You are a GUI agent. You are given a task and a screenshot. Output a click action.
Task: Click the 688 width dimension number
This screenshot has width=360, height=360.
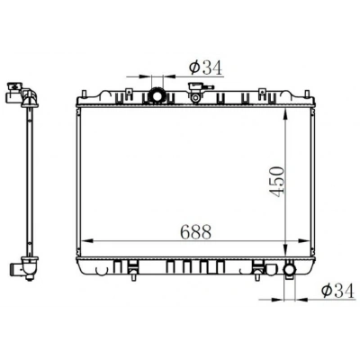click(x=195, y=232)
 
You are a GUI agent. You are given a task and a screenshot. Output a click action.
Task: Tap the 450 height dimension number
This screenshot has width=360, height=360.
click(x=276, y=182)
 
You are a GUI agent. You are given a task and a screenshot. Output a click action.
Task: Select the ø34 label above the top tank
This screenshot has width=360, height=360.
click(x=206, y=67)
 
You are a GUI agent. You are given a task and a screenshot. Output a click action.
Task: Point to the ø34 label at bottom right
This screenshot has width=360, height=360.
click(x=337, y=291)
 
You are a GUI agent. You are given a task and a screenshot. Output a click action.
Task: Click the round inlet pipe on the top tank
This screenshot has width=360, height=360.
click(x=157, y=95)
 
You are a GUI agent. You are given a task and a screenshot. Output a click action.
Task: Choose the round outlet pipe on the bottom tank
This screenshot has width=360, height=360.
click(x=290, y=269)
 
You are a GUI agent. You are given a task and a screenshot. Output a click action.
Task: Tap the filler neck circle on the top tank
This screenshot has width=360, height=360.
click(x=195, y=97)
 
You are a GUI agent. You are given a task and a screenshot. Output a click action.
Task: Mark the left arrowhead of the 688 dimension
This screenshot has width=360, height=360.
click(x=87, y=240)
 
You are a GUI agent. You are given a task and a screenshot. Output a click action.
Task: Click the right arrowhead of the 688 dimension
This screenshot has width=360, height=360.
click(x=303, y=240)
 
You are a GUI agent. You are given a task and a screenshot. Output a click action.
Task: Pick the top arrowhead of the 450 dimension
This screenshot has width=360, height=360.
click(x=285, y=113)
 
